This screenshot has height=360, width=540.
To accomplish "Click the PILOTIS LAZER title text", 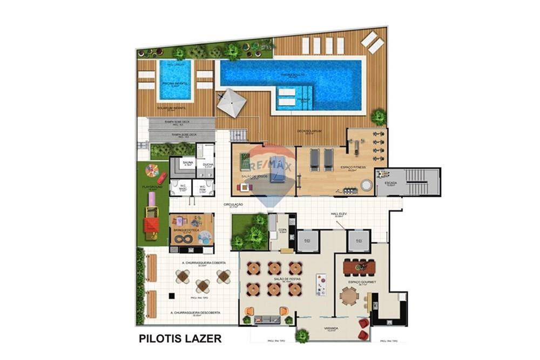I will coord(180,339).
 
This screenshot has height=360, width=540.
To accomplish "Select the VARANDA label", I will coord(331,328).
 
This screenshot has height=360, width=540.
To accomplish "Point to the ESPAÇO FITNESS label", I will coord(353,167).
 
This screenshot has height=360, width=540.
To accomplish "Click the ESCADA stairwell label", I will coord(390,183).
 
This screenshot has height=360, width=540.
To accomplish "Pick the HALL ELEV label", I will coord(339,214).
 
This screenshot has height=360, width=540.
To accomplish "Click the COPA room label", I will coord(282,229).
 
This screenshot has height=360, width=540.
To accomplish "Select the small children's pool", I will coord(175,80).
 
